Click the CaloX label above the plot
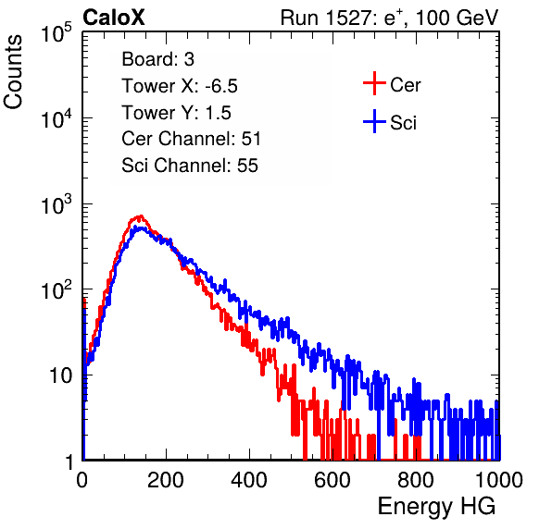coord(114,18)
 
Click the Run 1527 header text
coord(389,18)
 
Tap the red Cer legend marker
coord(374,83)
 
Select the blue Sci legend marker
coord(374,122)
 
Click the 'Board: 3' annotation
coord(157,59)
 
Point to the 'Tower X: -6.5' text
coord(180,86)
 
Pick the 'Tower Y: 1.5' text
coord(176,113)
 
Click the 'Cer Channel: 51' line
coord(191,139)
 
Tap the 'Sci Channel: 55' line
coord(190,166)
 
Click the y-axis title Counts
coord(13,72)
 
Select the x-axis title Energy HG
coord(436,507)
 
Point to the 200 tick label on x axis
coord(165,480)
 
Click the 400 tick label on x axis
coord(249,480)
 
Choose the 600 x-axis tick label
coord(332,480)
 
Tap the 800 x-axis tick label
coord(416,480)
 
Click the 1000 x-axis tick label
coord(499,480)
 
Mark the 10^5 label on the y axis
coord(56,33)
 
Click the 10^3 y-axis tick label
coord(56,205)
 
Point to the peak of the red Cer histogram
coord(141,216)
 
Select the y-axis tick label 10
coord(61,376)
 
